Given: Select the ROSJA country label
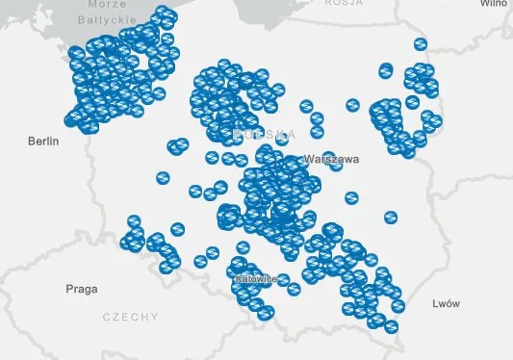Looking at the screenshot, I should click(x=344, y=4).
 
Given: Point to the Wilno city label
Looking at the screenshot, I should click(x=494, y=4).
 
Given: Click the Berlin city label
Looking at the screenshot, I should click(x=43, y=141).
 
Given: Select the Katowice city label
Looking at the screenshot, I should click(x=256, y=278).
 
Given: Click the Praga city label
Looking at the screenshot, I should click(x=82, y=289).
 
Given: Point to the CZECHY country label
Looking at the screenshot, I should click(x=130, y=317).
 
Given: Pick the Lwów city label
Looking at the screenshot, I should click(x=447, y=303).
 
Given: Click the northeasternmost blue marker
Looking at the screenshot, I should click(x=421, y=44).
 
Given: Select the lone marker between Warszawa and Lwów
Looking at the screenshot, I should click(x=391, y=218).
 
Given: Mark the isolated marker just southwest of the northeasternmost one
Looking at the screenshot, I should click(x=386, y=69).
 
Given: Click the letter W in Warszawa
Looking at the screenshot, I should click(x=308, y=158).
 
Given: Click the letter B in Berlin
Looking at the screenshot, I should click(x=32, y=141).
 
